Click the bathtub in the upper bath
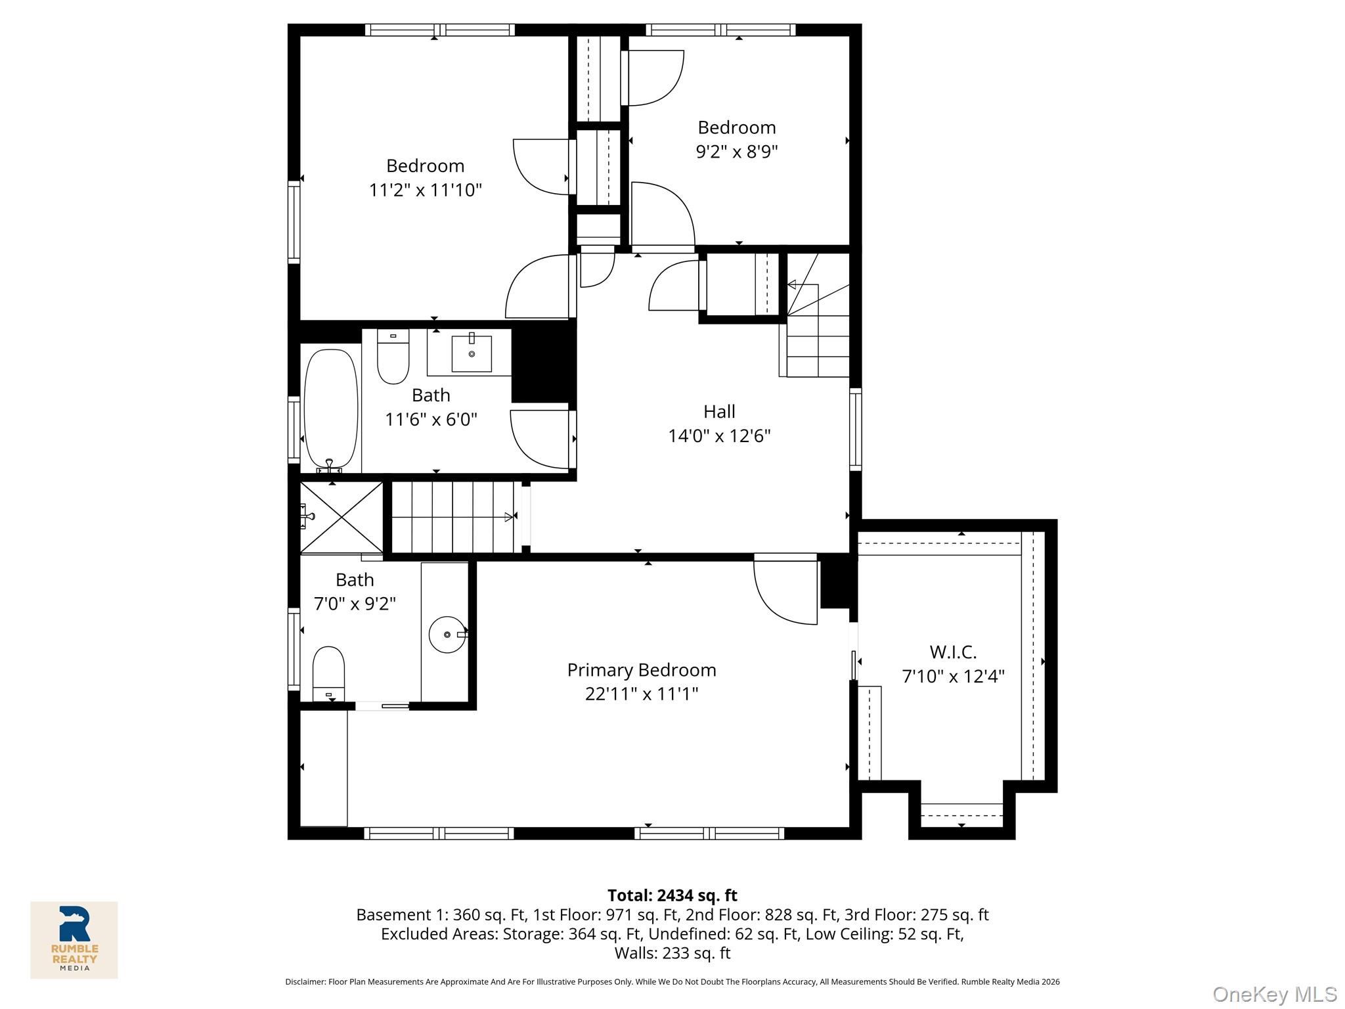331,408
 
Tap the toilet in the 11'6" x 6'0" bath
393,358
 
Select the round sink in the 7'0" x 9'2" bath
447,634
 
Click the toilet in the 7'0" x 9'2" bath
328,670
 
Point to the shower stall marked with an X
342,517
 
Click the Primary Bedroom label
641,670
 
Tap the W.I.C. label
953,652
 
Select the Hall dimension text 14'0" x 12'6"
719,436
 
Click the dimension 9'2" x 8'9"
736,152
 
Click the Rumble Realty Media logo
74,939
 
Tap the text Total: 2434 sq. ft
672,895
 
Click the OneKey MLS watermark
1274,994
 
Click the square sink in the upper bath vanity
472,353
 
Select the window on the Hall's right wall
855,429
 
